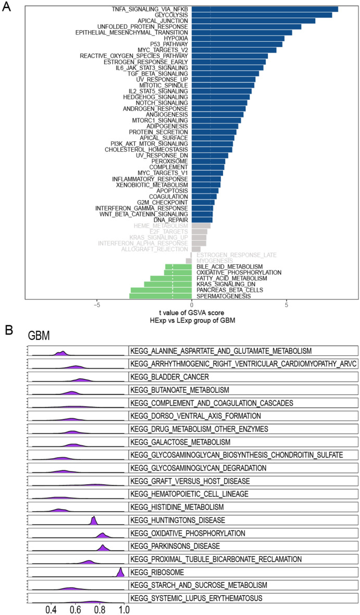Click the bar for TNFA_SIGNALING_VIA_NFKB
coord(265,9)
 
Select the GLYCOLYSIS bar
coord(262,15)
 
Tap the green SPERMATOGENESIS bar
coord(160,296)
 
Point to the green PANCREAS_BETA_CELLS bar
coord(161,290)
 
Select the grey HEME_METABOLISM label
coord(161,226)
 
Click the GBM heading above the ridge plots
coord(40,337)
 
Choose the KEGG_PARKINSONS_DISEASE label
coord(176,546)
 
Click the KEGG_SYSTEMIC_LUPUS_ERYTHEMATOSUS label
coord(195,598)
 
